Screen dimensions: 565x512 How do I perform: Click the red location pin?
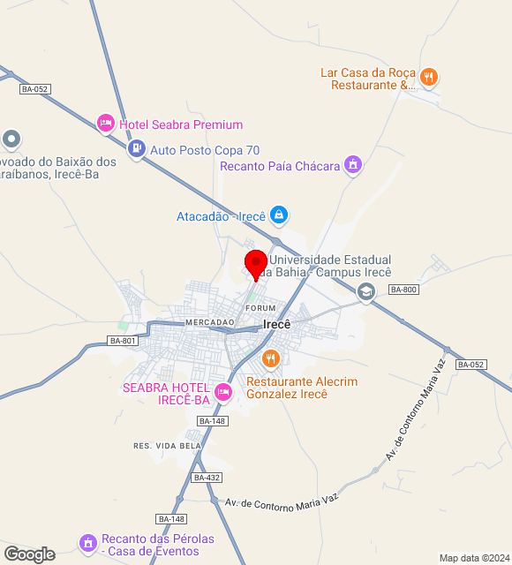pos(256,264)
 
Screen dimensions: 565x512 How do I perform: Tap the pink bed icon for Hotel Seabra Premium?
pos(106,124)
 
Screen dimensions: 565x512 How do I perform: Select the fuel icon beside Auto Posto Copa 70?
pos(136,150)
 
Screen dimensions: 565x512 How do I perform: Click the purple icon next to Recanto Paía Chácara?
pos(353,165)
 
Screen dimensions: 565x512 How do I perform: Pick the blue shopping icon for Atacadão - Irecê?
pos(278,215)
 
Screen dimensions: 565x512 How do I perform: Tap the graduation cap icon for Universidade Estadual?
pos(365,291)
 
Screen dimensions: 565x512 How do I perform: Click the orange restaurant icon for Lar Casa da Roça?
pos(428,78)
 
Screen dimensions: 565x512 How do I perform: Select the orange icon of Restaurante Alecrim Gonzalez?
pos(270,359)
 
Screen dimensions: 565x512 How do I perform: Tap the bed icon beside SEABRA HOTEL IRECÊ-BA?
pos(223,391)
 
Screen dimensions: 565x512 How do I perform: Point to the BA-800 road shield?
pos(403,290)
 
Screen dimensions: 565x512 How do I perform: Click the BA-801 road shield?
pos(123,341)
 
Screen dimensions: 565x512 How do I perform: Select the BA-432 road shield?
pos(207,478)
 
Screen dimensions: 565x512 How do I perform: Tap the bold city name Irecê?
pos(277,324)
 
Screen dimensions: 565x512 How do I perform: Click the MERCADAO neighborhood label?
pos(209,323)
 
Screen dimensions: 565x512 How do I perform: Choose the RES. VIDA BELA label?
pos(167,446)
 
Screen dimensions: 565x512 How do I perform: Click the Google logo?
pos(29,554)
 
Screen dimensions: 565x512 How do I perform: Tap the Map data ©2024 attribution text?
pos(474,558)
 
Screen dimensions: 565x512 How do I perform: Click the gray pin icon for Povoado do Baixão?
pos(11,139)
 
